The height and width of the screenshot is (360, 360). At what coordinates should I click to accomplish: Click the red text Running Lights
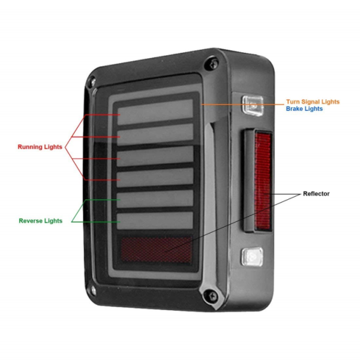[x=40, y=146]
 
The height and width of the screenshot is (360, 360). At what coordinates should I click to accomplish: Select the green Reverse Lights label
[x=41, y=221]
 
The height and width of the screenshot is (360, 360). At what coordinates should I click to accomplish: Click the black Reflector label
[x=316, y=194]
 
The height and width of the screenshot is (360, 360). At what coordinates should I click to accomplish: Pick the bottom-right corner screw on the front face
[x=209, y=294]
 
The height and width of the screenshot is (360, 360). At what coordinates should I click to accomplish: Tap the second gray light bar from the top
[x=156, y=133]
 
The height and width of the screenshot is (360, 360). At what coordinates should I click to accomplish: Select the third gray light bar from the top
[x=156, y=155]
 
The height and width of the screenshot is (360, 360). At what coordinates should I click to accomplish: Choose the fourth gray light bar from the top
[x=156, y=177]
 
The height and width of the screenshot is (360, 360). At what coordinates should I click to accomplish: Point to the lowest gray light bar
[x=156, y=220]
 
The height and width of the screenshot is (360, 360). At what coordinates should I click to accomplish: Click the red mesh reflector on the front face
[x=156, y=250]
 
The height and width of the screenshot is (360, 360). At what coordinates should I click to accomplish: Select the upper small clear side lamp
[x=252, y=106]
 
